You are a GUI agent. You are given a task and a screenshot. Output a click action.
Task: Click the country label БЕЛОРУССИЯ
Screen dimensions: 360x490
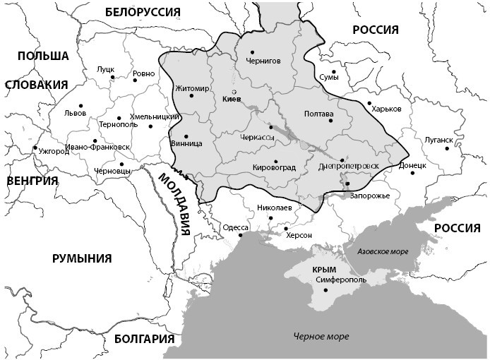tap(142, 12)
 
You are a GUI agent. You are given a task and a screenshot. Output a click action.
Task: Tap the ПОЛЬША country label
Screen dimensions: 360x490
tap(43, 56)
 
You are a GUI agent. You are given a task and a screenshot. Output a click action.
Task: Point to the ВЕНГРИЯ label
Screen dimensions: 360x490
tap(31, 181)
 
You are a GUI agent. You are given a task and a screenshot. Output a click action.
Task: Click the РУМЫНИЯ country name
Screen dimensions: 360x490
tap(82, 258)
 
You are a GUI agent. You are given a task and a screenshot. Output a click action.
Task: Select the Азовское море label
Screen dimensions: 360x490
tap(383, 251)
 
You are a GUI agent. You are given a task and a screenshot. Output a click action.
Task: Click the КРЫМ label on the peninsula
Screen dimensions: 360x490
tap(323, 270)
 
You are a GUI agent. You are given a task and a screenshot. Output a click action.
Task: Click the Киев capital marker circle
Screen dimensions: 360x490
tap(234, 92)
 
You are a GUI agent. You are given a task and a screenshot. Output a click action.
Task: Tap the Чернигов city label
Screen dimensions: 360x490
tap(263, 61)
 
